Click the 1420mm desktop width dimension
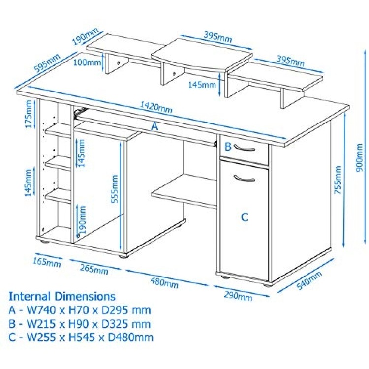pos(156,107)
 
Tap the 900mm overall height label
pos(359,157)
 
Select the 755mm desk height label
pos(338,180)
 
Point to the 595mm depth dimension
pos(47,62)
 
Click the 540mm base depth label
pos(309,280)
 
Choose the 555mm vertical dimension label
pos(115,189)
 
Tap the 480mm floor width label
pos(164,282)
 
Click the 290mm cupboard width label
pos(238,296)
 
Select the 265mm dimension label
pos(94,269)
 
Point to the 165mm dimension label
pos(47,262)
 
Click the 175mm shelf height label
pos(29,114)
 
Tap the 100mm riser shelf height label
pos(87,62)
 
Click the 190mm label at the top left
pos(85,36)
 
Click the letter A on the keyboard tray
pos(154,126)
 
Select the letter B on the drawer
pos(228,147)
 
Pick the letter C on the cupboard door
pos(245,217)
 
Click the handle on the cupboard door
pos(245,178)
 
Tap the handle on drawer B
pos(245,148)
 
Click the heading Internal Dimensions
pos(62,296)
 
